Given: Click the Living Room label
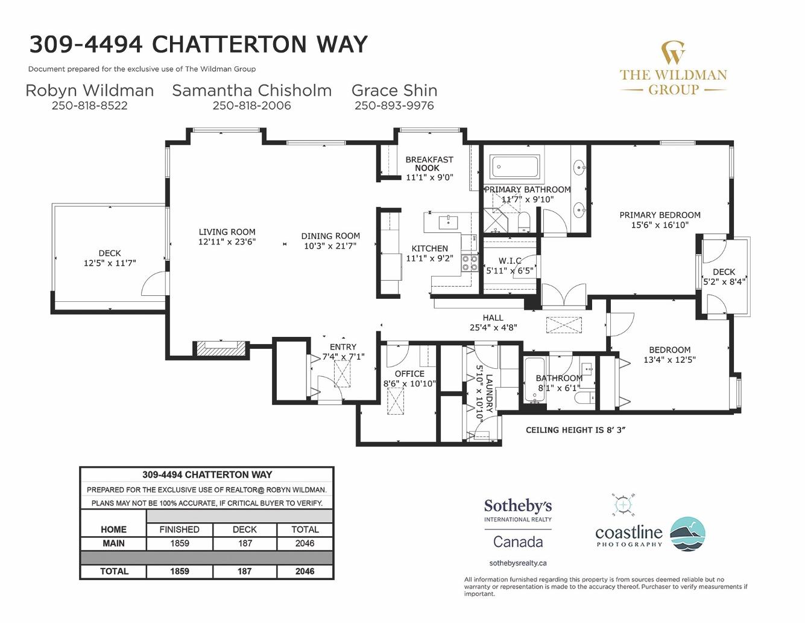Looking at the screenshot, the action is (x=227, y=232).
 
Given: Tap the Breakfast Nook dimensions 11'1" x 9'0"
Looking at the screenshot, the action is (x=429, y=177).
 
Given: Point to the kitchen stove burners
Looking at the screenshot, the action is (x=469, y=263).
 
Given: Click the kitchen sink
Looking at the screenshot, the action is (x=448, y=223).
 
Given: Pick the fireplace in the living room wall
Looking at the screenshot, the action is (x=221, y=349).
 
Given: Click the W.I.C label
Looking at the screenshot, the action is (x=510, y=261).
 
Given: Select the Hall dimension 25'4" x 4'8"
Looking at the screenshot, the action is (x=493, y=327).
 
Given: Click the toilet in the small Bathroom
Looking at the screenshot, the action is (x=584, y=398).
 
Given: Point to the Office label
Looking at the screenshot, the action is (x=409, y=374).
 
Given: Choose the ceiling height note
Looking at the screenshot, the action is (x=576, y=430).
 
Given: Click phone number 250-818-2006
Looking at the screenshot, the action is (x=252, y=106).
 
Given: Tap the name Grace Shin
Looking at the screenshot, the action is (x=394, y=91).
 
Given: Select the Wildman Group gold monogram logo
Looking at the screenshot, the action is (x=674, y=53).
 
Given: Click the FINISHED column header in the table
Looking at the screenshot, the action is (x=179, y=529).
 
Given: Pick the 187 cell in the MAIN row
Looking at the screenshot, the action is (x=245, y=543).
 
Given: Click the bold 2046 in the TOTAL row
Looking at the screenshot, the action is (x=305, y=571).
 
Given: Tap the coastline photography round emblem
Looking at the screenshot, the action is (x=688, y=534).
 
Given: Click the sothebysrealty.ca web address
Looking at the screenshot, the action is (x=518, y=563).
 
